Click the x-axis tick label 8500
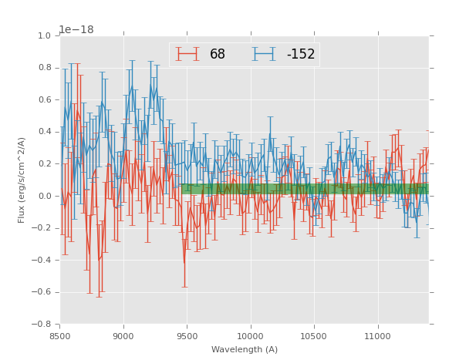tap(60, 336)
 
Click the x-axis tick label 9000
tap(123, 336)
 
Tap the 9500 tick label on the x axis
tap(187, 336)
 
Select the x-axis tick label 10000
tap(251, 336)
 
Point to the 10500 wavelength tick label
tap(314, 336)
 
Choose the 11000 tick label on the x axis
tap(378, 336)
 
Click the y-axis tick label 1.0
tap(44, 36)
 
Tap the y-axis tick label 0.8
tap(44, 69)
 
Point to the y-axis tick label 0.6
tap(44, 100)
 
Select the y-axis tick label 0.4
tap(44, 133)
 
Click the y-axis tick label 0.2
tap(44, 164)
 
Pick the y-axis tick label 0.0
tap(44, 197)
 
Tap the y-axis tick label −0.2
tap(42, 228)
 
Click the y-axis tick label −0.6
tap(42, 292)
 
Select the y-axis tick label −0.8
tap(42, 325)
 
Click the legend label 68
tap(218, 55)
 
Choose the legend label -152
tap(301, 55)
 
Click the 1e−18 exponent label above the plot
tap(76, 29)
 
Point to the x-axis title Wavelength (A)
tap(245, 349)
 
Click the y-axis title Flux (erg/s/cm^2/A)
tap(22, 180)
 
